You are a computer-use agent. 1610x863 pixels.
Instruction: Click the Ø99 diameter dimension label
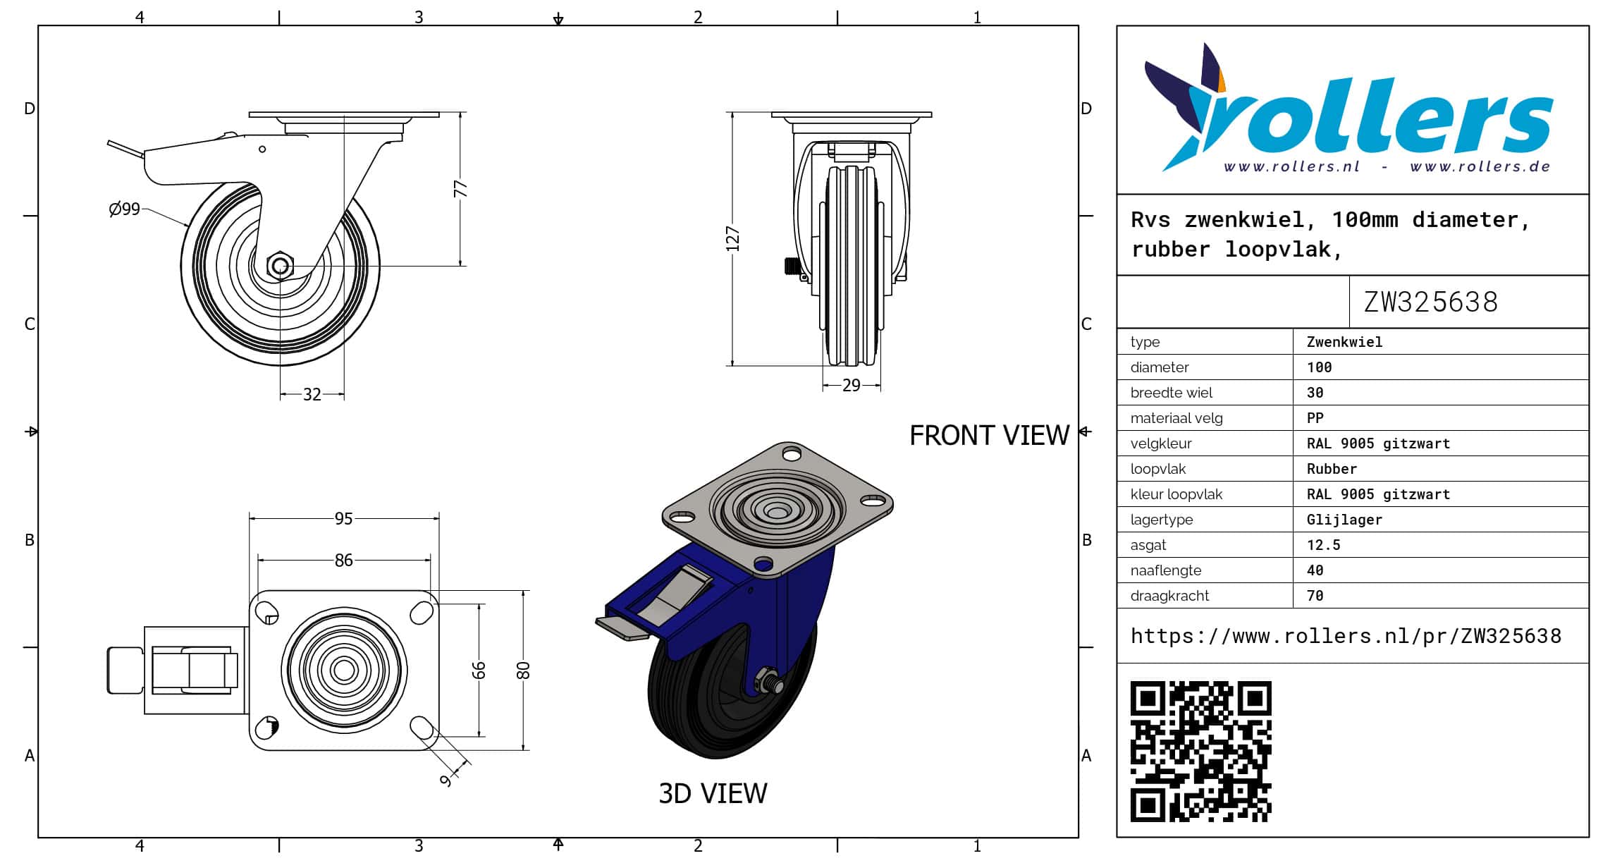pos(125,209)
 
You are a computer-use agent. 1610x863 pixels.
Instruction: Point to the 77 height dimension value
pos(460,189)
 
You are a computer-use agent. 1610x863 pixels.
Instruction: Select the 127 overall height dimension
pos(732,239)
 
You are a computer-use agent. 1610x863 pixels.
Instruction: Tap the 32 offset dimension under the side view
pos(312,394)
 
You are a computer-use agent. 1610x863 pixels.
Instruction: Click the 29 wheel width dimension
pos(852,386)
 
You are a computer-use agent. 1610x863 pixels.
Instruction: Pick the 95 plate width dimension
pos(343,519)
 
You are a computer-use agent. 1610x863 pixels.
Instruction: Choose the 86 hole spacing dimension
pos(343,561)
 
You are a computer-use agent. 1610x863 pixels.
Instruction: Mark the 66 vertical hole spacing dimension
pos(479,670)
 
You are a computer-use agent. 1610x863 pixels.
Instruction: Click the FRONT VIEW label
pos(989,436)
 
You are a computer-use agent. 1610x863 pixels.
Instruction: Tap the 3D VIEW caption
pos(713,794)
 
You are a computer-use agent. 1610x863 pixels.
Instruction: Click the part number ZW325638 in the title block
pos(1430,302)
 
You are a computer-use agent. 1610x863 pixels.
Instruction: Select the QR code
pos(1201,752)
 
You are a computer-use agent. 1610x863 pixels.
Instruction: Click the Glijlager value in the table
pos(1344,520)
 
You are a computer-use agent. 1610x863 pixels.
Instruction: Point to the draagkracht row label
pos(1169,596)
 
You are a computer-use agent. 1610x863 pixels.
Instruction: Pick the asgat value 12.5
pos(1323,545)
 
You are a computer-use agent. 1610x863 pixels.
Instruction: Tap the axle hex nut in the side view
pos(281,266)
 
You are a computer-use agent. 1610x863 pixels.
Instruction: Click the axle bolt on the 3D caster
pos(767,682)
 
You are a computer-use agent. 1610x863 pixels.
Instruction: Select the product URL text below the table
pos(1346,636)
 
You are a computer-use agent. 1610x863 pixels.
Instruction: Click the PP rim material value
pos(1315,418)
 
